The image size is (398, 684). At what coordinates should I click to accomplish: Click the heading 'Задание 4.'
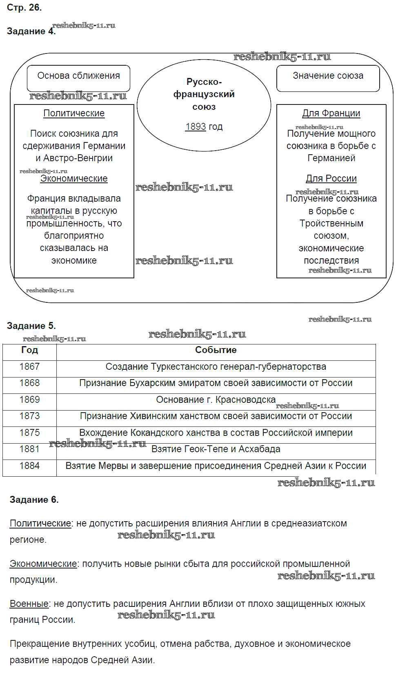click(x=31, y=31)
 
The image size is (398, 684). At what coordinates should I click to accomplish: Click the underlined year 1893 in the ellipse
click(x=196, y=127)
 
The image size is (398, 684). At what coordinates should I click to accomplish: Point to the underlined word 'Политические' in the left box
click(x=74, y=113)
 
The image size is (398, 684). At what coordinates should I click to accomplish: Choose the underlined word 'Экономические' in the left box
click(x=74, y=179)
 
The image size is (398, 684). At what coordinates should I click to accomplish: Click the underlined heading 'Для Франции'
click(x=331, y=113)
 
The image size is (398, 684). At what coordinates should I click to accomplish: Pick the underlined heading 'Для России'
click(x=331, y=179)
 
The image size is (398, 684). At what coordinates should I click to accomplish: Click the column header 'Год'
click(x=29, y=350)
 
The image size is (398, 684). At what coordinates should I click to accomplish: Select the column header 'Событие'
click(x=216, y=350)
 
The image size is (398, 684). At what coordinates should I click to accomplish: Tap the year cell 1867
click(x=29, y=366)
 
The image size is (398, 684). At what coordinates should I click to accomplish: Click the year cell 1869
click(x=29, y=400)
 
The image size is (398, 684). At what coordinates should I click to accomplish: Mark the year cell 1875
click(x=29, y=433)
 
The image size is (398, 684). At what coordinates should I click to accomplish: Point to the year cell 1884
click(x=29, y=466)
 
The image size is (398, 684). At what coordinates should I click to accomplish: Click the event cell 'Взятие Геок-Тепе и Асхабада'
click(x=216, y=449)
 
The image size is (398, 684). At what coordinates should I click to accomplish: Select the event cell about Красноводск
click(x=216, y=400)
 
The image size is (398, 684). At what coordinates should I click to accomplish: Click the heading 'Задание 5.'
click(x=31, y=326)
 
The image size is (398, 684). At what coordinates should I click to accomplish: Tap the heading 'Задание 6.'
click(x=34, y=500)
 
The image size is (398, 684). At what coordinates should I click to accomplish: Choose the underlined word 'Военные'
click(x=29, y=604)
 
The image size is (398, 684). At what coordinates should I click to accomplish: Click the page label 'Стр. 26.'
click(x=24, y=8)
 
